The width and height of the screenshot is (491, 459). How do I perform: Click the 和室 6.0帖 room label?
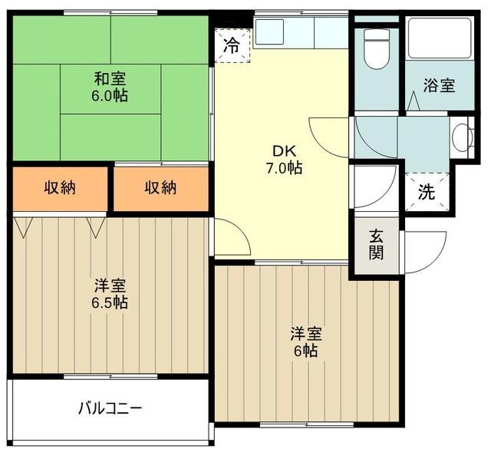[110, 87]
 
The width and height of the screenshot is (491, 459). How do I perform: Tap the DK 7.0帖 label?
[284, 158]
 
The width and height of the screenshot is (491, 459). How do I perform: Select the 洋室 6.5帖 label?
[110, 294]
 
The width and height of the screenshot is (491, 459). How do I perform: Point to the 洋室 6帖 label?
[305, 342]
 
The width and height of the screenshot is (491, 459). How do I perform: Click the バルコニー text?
[110, 407]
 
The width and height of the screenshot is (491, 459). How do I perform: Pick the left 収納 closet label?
[59, 188]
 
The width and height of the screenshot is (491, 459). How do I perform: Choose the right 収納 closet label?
[161, 188]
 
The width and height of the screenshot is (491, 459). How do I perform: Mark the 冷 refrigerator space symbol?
[232, 45]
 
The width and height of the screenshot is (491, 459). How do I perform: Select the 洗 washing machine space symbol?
[426, 192]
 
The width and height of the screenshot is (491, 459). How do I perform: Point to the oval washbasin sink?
[462, 138]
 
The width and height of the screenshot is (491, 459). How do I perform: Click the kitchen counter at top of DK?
[301, 32]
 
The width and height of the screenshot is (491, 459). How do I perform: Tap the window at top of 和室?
[110, 13]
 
